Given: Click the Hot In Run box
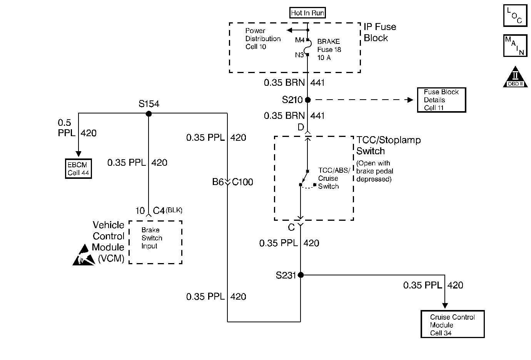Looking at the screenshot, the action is [307, 13].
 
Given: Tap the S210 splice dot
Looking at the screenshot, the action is [308, 100].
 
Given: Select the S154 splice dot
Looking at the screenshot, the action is [149, 114].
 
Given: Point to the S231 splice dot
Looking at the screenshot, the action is [301, 275].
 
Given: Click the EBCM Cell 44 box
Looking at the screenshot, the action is [78, 168].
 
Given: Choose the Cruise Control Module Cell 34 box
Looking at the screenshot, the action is [453, 324].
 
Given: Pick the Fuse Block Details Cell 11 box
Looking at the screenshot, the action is [442, 100].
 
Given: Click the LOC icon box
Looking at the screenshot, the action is [515, 15].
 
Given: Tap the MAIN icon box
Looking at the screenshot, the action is [515, 45].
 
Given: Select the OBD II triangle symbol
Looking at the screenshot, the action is [515, 77].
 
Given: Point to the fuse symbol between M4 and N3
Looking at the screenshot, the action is [307, 47].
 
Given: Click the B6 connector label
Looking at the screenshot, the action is [218, 182].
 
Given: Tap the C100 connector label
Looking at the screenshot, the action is [242, 182].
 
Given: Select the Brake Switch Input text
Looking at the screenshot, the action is [152, 238].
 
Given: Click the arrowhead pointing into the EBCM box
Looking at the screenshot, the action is [78, 154].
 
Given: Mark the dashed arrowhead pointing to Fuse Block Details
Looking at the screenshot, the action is [410, 100].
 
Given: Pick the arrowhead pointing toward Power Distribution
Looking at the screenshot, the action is [289, 30].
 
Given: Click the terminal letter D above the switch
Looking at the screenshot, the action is [301, 127].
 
